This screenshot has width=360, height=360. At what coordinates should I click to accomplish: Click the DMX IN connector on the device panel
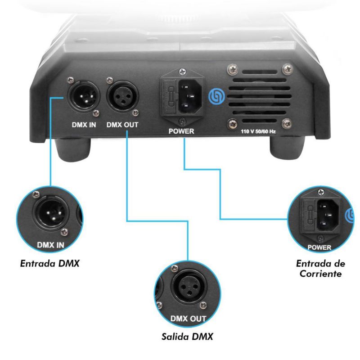coord(84,96)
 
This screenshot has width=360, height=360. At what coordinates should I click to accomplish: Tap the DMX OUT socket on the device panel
coord(122,96)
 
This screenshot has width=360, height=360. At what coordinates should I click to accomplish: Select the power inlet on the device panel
coord(190,96)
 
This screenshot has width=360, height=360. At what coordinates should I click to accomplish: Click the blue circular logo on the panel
coord(216,96)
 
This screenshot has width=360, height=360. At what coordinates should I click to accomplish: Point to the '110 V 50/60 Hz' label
coord(258,131)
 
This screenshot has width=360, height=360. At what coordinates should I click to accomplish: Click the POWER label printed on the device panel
coord(181,131)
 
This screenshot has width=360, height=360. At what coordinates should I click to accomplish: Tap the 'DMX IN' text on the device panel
coord(84,125)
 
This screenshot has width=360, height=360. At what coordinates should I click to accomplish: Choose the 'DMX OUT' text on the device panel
coord(122,125)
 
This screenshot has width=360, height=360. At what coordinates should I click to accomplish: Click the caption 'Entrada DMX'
coord(50,263)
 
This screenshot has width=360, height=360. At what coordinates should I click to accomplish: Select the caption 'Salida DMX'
coord(187,337)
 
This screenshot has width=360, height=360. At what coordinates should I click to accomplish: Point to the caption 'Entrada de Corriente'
coord(321,268)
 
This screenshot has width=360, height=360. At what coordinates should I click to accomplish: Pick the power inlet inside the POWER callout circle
coord(328,215)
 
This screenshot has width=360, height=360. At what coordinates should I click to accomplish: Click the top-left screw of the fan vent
coord(233,69)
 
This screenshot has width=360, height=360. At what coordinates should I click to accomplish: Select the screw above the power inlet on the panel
coord(183,72)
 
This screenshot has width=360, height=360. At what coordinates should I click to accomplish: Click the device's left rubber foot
coord(72,149)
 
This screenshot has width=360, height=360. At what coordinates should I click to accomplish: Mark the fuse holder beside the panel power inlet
coord(170,96)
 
